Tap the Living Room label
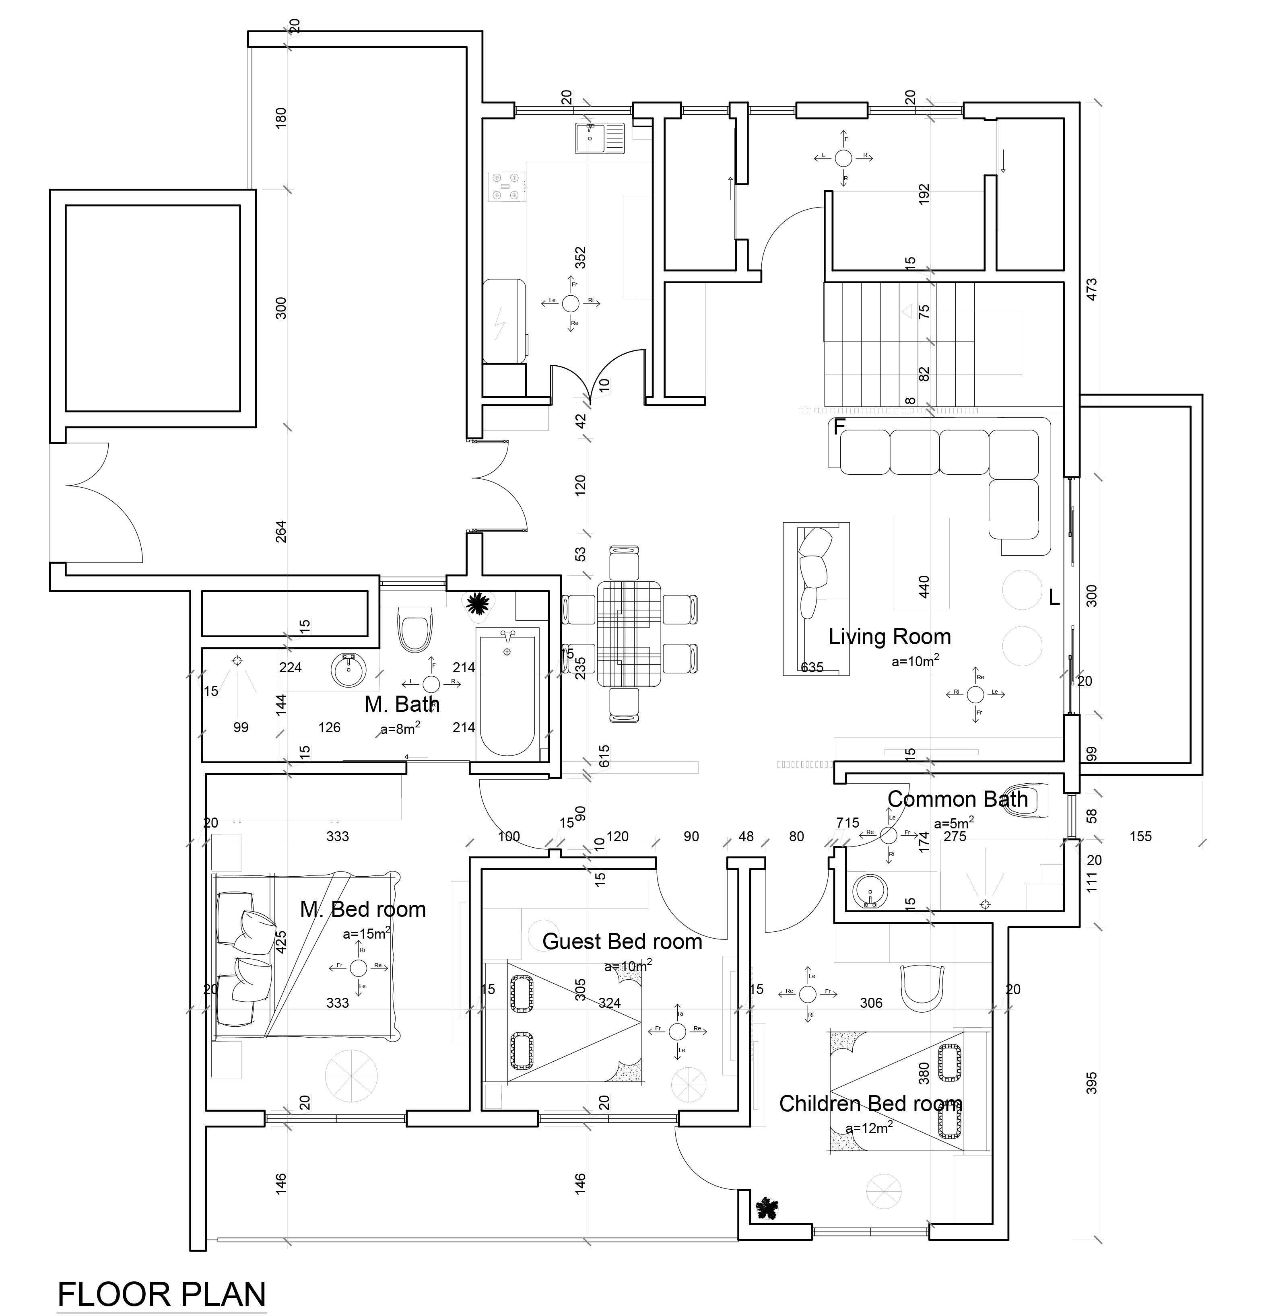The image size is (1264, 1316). [x=889, y=636]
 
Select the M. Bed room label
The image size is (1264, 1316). [x=363, y=909]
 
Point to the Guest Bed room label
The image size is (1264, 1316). [x=622, y=941]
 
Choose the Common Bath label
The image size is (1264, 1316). [x=957, y=799]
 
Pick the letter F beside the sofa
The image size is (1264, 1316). [x=838, y=427]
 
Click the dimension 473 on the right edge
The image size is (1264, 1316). [x=1091, y=289]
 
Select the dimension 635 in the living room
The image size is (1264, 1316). [x=812, y=667]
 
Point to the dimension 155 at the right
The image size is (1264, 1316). [x=1140, y=836]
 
